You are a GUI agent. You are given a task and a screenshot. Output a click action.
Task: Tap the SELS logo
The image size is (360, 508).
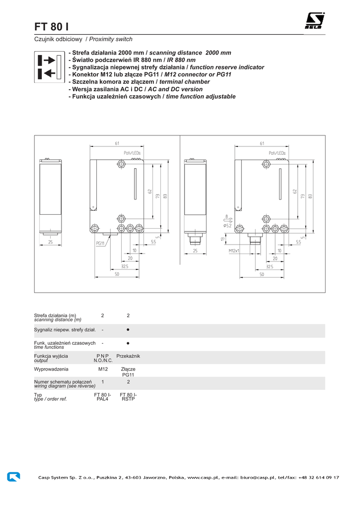314,21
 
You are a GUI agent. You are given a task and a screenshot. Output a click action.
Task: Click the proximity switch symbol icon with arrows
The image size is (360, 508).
49,67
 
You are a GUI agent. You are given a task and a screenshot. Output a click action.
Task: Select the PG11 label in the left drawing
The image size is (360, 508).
100,244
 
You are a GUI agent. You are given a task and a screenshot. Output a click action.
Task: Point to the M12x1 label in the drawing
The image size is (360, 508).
234,251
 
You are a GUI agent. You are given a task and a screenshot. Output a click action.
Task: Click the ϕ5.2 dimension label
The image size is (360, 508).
227,226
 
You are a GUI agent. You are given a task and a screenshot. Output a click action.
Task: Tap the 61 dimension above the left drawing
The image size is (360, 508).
117,143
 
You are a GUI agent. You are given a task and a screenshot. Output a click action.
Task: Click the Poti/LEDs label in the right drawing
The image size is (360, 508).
277,153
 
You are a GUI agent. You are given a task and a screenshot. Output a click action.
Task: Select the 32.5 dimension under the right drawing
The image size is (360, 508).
269,266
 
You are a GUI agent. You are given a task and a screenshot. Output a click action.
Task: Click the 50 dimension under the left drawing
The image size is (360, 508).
117,274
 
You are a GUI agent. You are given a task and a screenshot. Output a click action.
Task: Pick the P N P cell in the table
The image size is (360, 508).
103,356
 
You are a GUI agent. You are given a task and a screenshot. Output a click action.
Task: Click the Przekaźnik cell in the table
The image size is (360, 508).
128,356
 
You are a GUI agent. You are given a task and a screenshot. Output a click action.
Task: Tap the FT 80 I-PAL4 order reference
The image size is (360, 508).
103,396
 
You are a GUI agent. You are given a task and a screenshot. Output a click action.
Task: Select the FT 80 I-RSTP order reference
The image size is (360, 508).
128,396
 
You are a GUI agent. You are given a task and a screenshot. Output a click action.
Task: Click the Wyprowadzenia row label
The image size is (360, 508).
51,369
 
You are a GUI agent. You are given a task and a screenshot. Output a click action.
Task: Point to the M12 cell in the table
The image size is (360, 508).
103,369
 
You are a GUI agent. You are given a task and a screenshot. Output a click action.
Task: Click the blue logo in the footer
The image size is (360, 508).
14,476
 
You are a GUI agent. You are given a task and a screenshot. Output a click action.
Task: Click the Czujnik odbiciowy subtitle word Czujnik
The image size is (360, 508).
44,39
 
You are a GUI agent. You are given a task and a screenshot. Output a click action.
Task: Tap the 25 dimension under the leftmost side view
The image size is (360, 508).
50,242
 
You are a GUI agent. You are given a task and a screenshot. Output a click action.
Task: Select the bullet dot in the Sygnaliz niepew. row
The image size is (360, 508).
128,329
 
